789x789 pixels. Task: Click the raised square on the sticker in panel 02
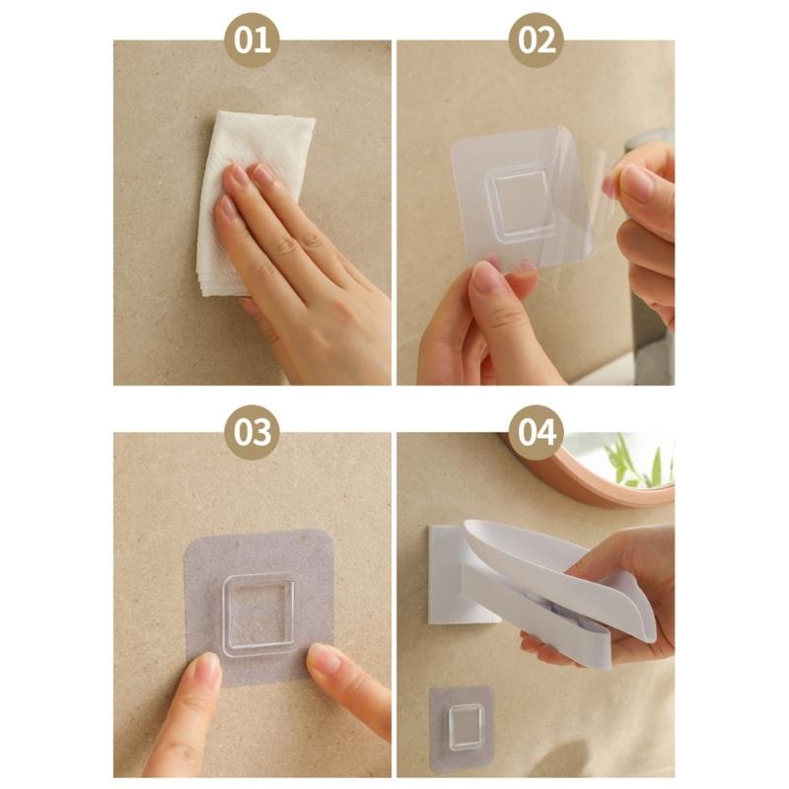(x=521, y=201)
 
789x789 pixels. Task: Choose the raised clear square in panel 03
(x=257, y=612)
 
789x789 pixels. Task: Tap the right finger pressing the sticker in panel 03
(x=330, y=662)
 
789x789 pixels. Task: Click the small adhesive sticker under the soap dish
(x=461, y=728)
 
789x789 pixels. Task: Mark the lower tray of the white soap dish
(x=552, y=616)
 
